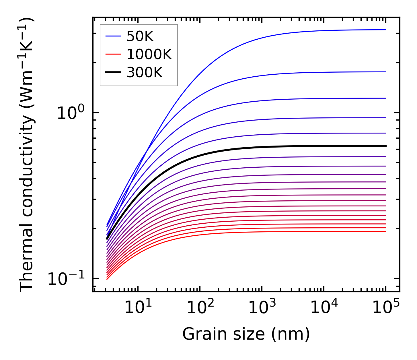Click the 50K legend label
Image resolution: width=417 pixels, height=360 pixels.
140,36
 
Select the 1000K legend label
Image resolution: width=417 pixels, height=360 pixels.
149,55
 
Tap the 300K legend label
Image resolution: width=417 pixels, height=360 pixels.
145,73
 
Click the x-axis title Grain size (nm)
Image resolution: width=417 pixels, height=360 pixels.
246,334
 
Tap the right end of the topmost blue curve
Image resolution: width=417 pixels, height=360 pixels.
385,30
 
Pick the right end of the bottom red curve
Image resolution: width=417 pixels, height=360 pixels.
385,231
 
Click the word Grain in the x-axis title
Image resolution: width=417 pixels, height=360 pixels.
200,334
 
